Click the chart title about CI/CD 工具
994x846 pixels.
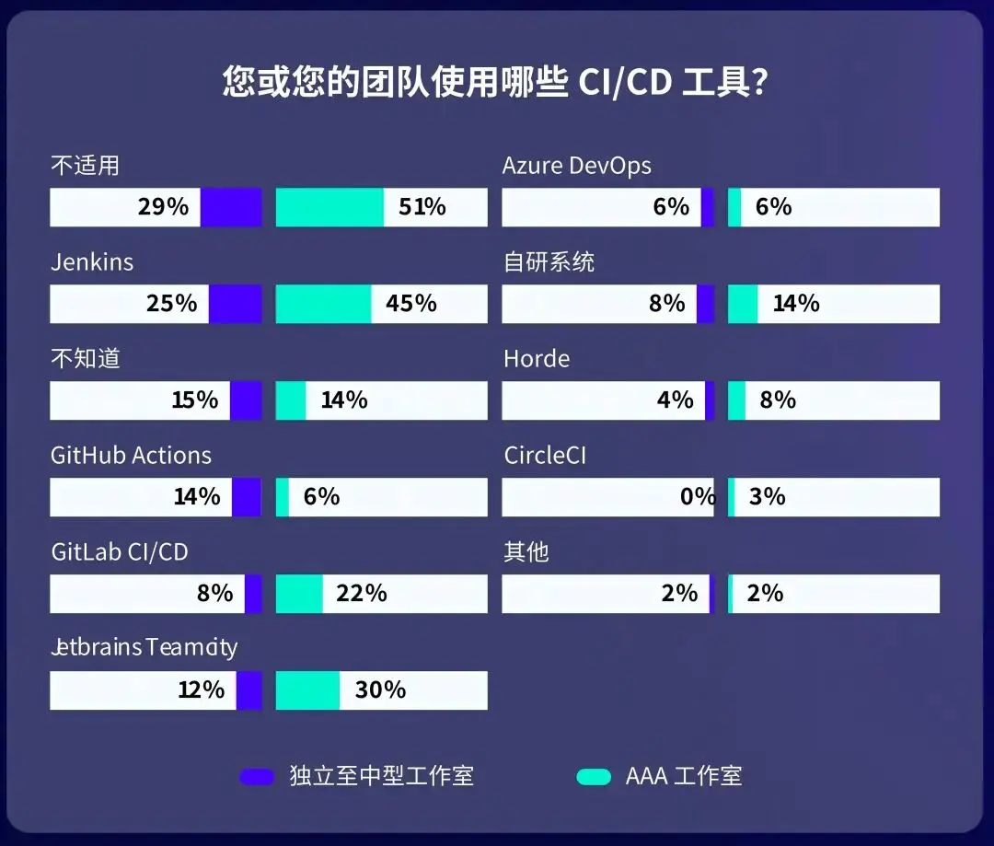(496, 82)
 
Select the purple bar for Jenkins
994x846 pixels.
(235, 304)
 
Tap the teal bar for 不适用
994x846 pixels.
(329, 207)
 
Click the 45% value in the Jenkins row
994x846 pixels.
(411, 304)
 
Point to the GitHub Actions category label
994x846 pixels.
(131, 456)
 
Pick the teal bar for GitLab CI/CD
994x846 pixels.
(299, 594)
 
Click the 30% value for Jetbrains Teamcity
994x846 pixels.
(380, 690)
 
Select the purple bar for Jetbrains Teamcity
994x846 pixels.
(248, 690)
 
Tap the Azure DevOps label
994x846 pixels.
(576, 166)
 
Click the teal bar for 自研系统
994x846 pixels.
(743, 304)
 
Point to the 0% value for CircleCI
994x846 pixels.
(697, 497)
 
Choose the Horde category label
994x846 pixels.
(537, 359)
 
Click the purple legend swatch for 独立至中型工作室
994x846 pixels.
(257, 776)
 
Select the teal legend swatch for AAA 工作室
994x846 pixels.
(594, 776)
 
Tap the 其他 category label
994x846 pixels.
(526, 552)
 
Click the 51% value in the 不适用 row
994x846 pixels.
(422, 207)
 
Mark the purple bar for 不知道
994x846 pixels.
(246, 400)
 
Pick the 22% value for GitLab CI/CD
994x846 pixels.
(362, 594)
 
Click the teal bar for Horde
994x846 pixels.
(736, 400)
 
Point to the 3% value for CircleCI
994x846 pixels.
(767, 497)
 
